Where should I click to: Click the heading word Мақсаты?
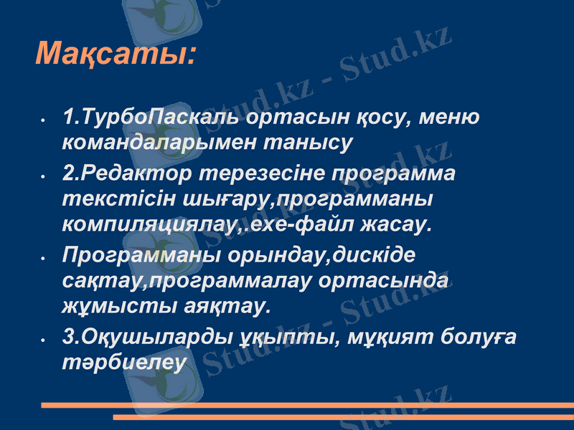pos(116,54)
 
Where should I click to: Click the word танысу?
pos(309,141)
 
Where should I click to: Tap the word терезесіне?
pos(262,174)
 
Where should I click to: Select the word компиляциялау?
pos(151,225)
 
